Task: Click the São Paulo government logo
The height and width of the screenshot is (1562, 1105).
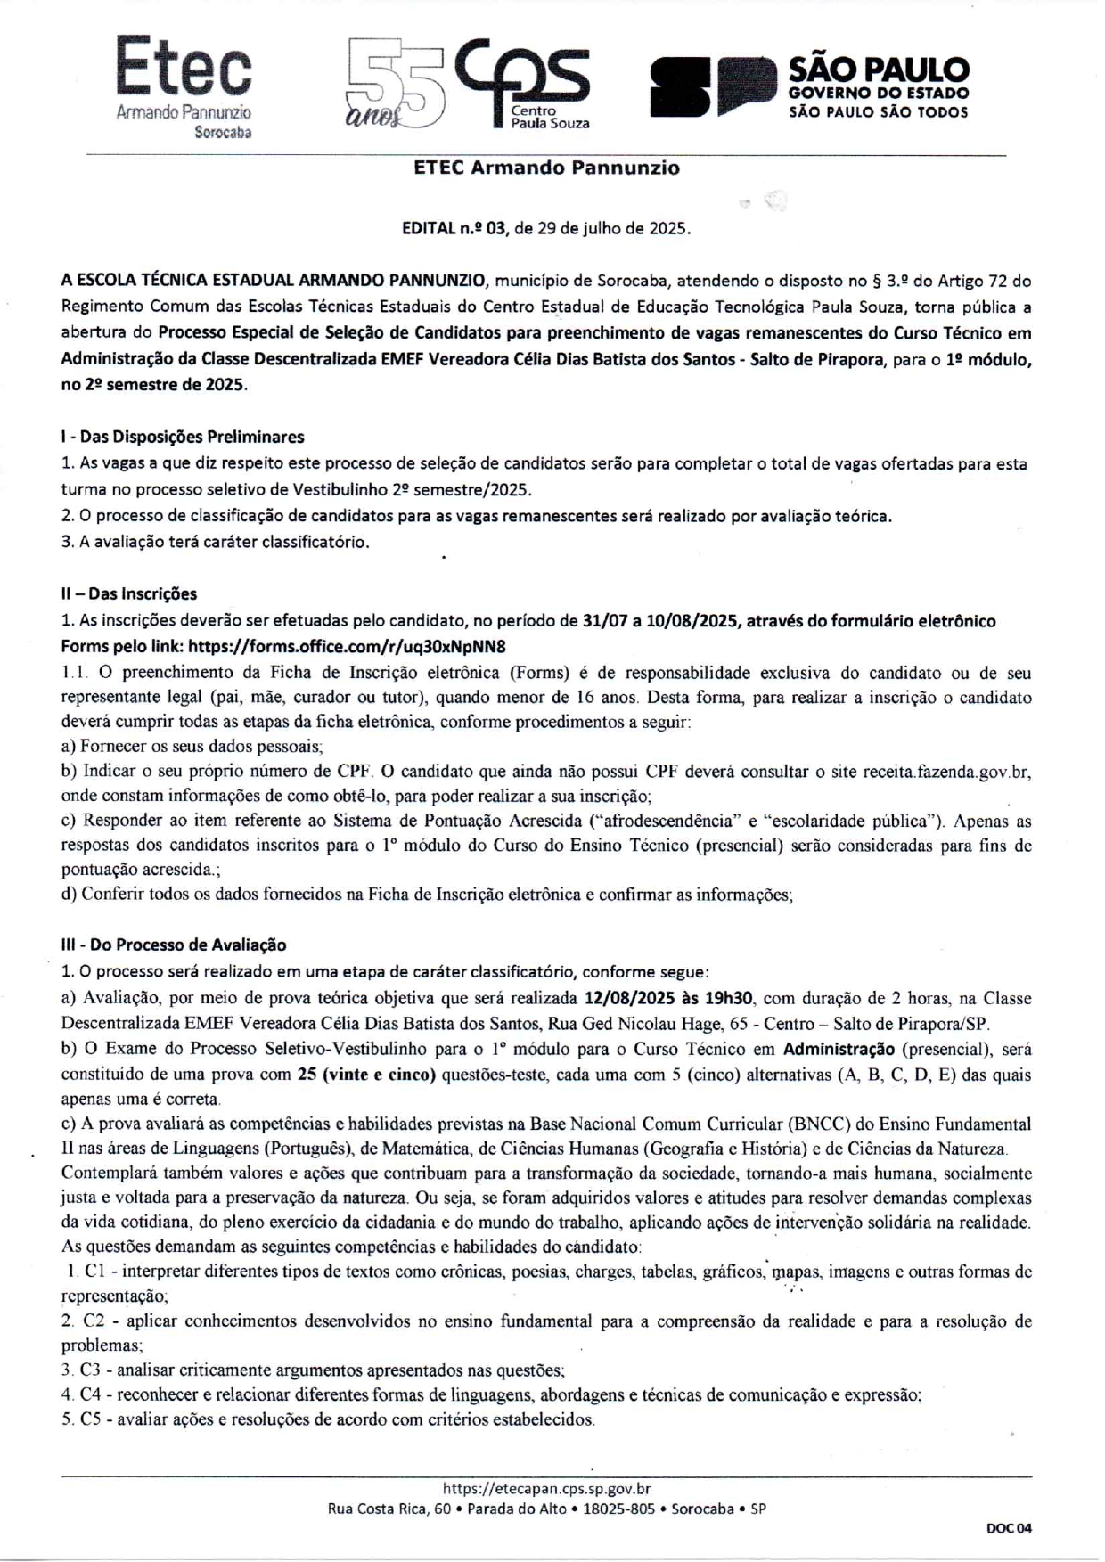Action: click(x=809, y=87)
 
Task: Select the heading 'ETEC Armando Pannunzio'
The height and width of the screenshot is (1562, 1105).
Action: click(x=546, y=168)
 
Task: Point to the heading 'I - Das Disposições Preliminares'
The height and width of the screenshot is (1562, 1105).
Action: click(x=183, y=437)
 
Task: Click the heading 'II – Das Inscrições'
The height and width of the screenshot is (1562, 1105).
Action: click(x=129, y=593)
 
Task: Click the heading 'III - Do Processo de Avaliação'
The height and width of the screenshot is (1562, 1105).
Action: click(x=174, y=945)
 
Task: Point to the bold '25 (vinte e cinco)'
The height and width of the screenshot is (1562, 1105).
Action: click(x=366, y=1074)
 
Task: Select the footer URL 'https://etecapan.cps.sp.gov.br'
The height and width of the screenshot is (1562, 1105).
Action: click(x=546, y=1487)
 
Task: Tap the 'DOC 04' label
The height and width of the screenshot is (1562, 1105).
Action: click(x=1009, y=1528)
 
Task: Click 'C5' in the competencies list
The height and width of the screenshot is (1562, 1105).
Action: click(x=90, y=1419)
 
